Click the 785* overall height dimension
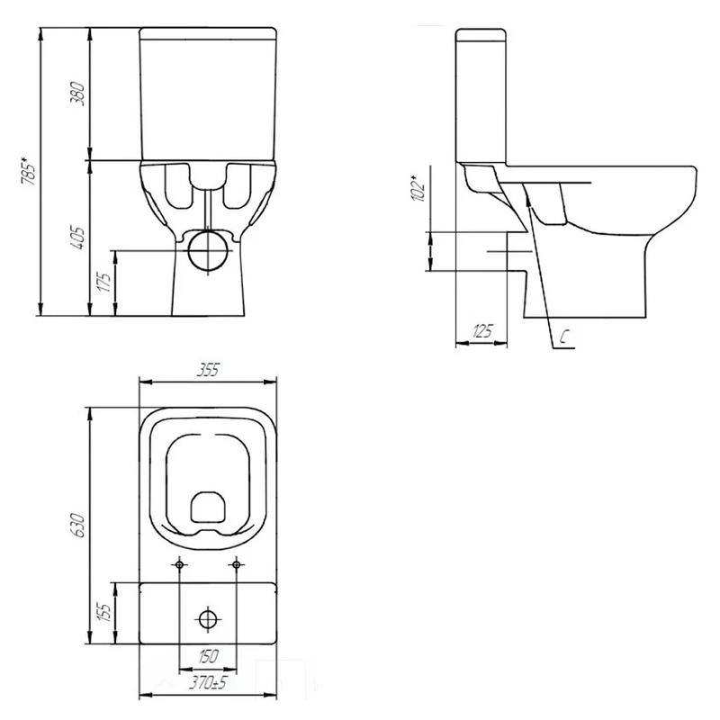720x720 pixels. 29,171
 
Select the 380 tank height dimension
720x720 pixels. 77,94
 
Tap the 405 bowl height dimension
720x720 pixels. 77,238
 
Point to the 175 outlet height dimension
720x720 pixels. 105,283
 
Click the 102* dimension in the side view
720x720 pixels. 418,188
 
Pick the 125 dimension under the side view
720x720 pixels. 482,330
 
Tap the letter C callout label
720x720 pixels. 564,337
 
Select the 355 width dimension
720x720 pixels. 208,370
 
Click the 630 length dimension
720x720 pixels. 77,526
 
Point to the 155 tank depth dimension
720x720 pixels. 104,612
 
